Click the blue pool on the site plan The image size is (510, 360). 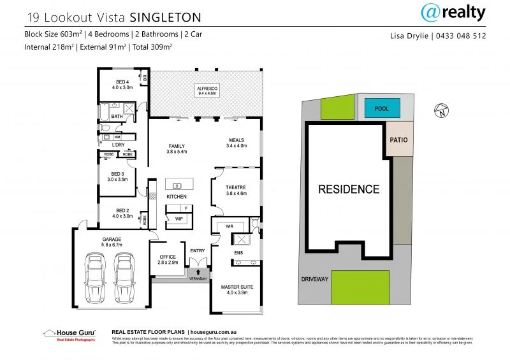(382, 110)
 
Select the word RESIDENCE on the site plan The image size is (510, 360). (348, 189)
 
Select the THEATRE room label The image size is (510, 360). (236, 189)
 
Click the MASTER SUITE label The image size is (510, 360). (237, 287)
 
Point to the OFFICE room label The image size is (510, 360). (167, 257)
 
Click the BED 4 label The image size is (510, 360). (122, 82)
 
